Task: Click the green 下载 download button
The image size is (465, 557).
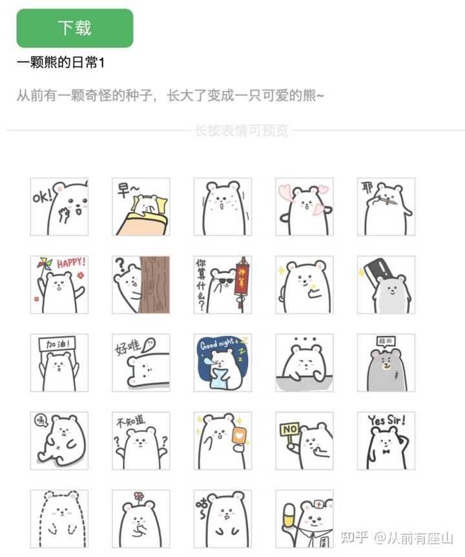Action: (75, 28)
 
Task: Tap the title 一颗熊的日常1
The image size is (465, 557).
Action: (61, 63)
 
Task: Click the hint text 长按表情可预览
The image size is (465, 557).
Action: (241, 131)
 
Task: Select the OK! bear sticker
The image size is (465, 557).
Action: (59, 207)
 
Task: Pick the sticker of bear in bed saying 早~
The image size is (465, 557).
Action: (141, 207)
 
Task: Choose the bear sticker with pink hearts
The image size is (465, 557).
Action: (304, 207)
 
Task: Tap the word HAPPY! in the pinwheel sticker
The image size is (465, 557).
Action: (70, 264)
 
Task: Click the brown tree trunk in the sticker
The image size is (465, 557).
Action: (155, 285)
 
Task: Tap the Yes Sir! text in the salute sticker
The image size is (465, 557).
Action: (387, 421)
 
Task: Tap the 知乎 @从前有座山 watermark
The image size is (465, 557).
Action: (397, 537)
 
